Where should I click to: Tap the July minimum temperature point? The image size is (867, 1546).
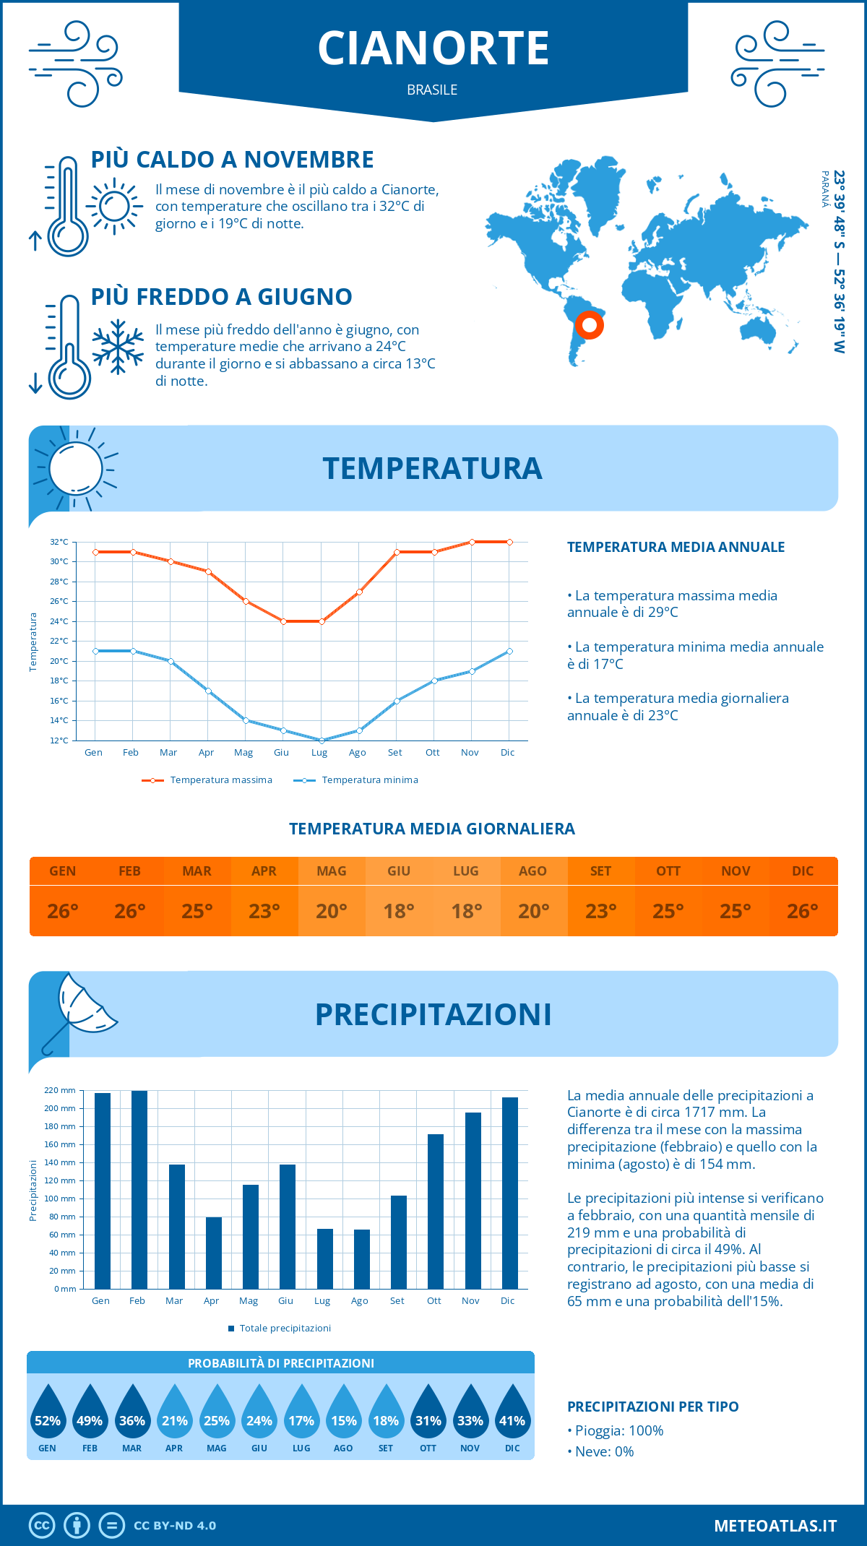322,740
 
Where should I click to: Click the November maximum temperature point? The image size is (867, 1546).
472,542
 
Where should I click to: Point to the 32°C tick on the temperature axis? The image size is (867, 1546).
59,542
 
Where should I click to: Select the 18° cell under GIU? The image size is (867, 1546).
399,911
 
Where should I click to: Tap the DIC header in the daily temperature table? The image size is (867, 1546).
803,871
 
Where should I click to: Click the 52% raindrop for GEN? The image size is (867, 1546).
48,1413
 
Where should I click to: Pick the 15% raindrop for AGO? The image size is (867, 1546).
344,1413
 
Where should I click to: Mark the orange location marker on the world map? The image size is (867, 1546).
590,325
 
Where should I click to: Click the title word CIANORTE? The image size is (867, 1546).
433,48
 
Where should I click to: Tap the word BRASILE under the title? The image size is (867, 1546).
432,90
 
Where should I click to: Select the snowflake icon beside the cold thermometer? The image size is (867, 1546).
118,347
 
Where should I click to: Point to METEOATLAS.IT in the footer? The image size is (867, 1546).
775,1526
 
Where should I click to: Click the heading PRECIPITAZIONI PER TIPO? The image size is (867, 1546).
653,1407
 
